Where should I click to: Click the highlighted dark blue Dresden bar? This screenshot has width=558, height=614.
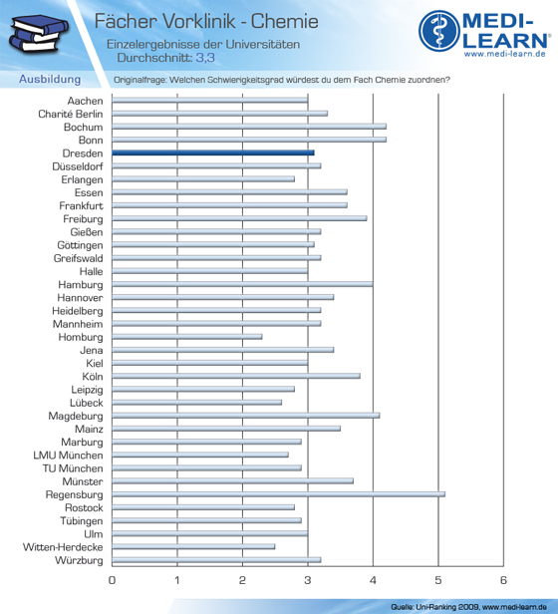point(213,153)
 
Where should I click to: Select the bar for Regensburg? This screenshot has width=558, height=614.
point(278,494)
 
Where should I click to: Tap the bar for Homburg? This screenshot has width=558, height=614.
point(187,337)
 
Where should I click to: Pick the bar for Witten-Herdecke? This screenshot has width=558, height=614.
point(193,546)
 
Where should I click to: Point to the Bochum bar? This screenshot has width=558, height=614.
point(249,127)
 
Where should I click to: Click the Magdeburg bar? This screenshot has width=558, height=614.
point(246,416)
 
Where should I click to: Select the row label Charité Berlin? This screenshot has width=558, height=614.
point(71,114)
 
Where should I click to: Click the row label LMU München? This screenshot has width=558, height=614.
point(68,456)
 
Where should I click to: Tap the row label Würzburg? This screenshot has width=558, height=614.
point(79,560)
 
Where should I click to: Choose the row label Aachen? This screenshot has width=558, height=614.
point(85,101)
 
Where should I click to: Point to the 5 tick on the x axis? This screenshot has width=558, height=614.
point(438,580)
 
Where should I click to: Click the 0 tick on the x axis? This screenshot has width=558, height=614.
point(112,580)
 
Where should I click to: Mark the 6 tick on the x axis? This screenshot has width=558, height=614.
point(503,580)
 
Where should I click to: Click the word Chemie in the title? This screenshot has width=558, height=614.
point(285,21)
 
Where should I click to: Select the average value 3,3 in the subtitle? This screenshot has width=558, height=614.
point(205,58)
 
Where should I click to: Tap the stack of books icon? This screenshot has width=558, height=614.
point(39,33)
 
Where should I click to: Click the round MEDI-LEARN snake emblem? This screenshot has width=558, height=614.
point(439,31)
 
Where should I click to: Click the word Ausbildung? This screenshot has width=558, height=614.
point(50,79)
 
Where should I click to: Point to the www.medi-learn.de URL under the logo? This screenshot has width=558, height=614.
point(505,54)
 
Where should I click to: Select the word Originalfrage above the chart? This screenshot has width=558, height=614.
point(139,80)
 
